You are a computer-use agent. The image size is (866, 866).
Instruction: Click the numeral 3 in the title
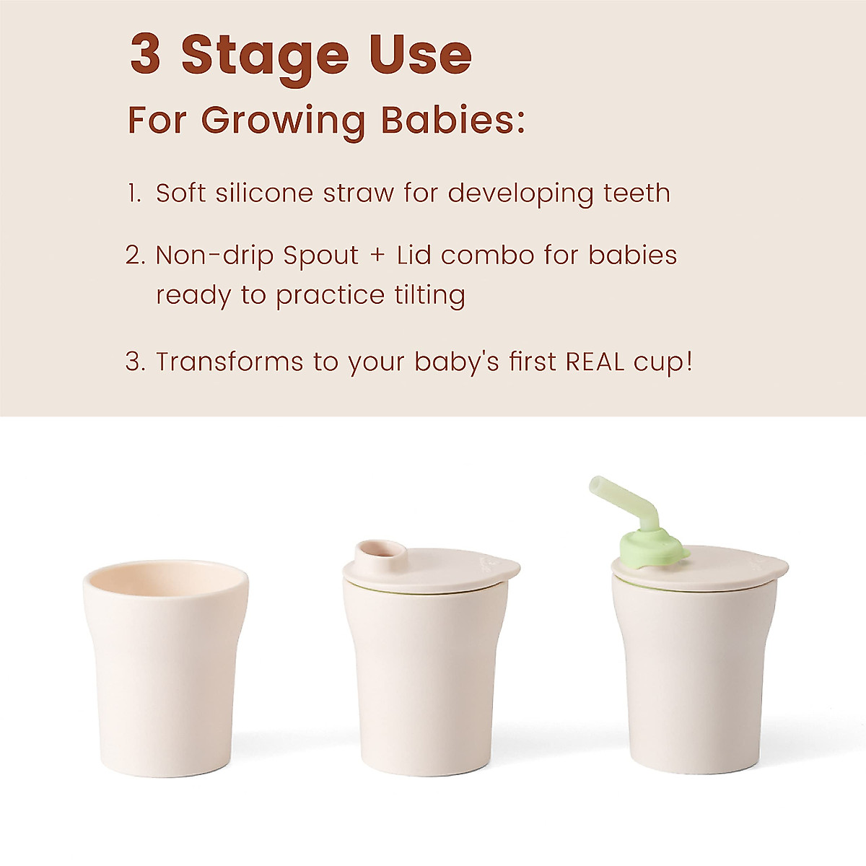coord(146,55)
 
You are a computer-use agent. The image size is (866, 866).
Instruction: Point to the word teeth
coord(637,193)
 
